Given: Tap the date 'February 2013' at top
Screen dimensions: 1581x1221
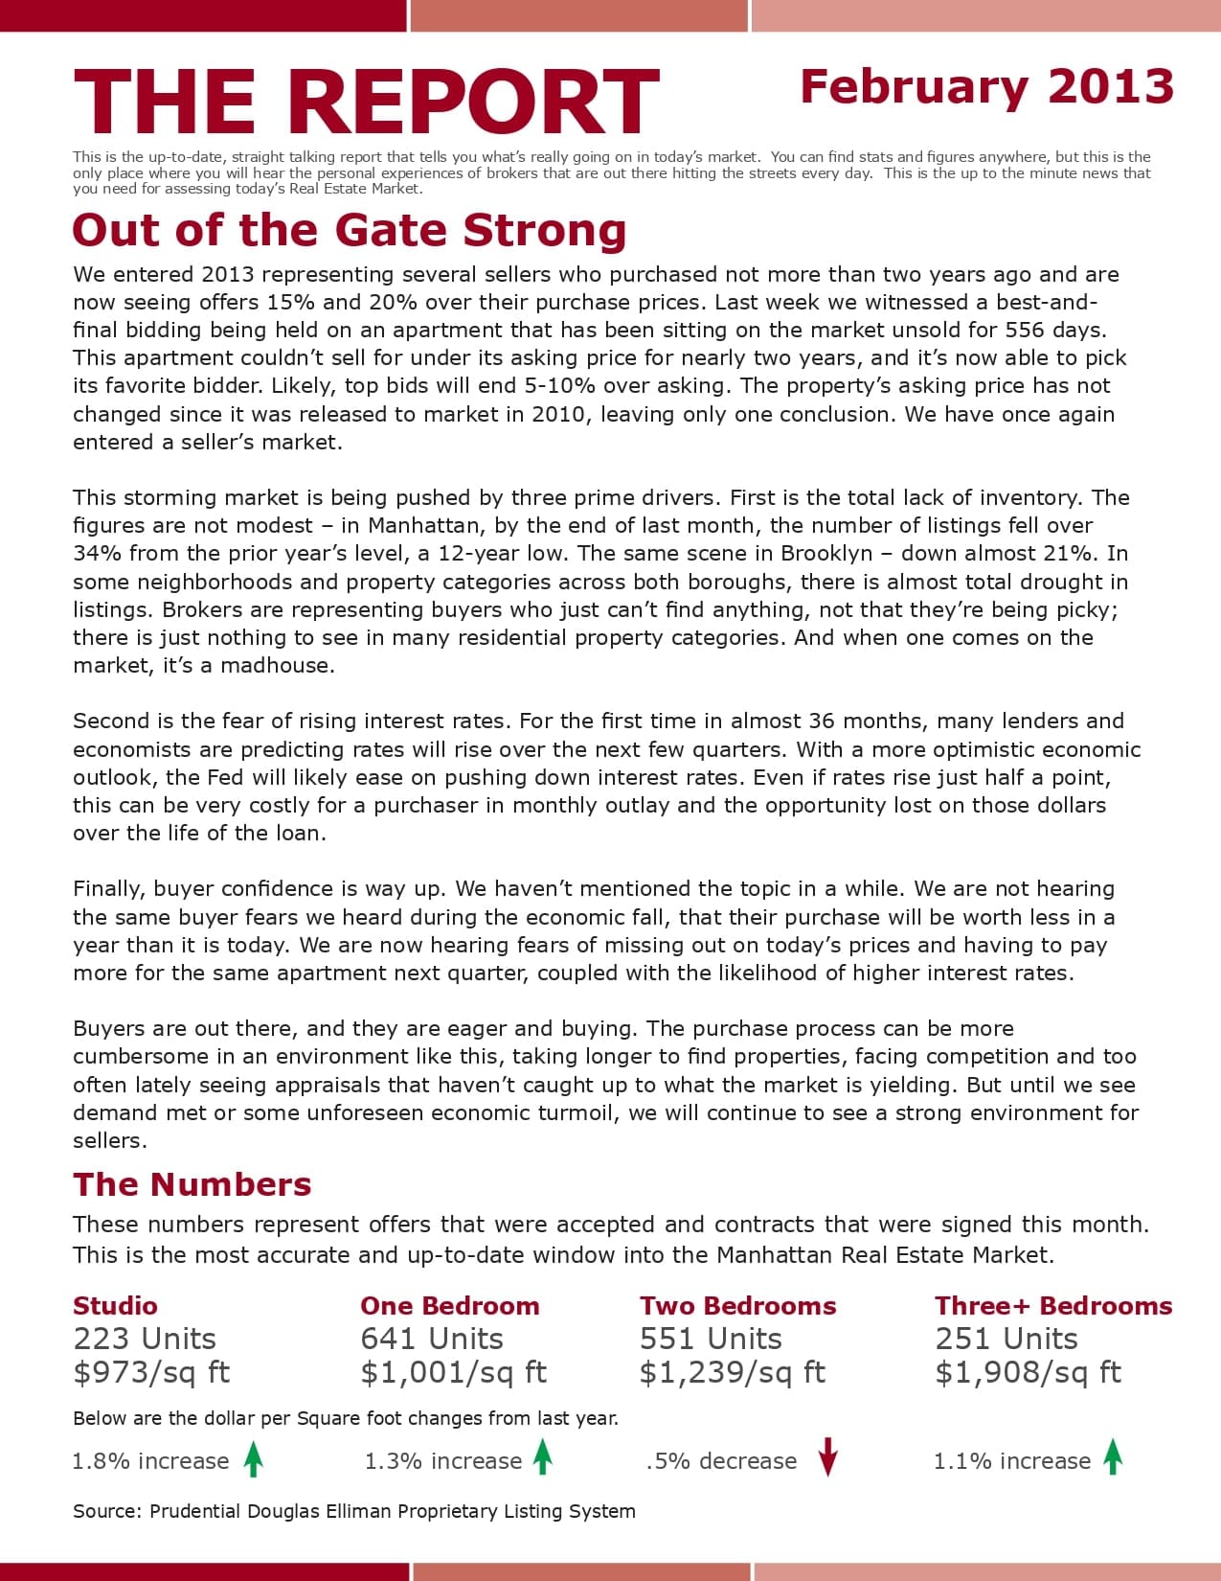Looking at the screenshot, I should click(986, 87).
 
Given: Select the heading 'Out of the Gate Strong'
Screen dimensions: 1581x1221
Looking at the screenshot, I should click(349, 231).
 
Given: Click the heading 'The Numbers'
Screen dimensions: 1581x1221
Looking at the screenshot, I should click(192, 1184).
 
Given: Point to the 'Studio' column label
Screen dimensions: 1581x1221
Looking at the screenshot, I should click(115, 1306).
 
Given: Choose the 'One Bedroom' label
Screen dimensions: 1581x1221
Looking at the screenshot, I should click(449, 1306).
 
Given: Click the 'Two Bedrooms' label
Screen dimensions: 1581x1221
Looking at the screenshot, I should click(737, 1306).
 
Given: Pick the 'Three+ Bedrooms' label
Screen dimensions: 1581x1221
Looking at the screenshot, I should click(1053, 1306).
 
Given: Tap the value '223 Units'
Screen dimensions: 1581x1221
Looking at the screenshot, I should click(145, 1339).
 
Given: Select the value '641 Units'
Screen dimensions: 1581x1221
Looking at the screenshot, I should click(432, 1339).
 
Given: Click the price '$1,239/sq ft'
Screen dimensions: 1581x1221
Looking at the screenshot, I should click(732, 1373).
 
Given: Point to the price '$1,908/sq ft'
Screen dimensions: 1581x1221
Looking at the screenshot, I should click(1028, 1373).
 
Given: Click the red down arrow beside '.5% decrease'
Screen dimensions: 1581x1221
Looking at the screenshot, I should click(828, 1458).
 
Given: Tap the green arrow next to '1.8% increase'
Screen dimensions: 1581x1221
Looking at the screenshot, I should click(253, 1459).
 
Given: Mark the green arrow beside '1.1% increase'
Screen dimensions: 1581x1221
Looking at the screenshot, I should click(1113, 1457).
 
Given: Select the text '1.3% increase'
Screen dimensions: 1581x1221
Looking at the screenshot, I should click(442, 1461).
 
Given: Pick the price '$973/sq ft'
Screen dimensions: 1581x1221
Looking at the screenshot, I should click(151, 1373).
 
